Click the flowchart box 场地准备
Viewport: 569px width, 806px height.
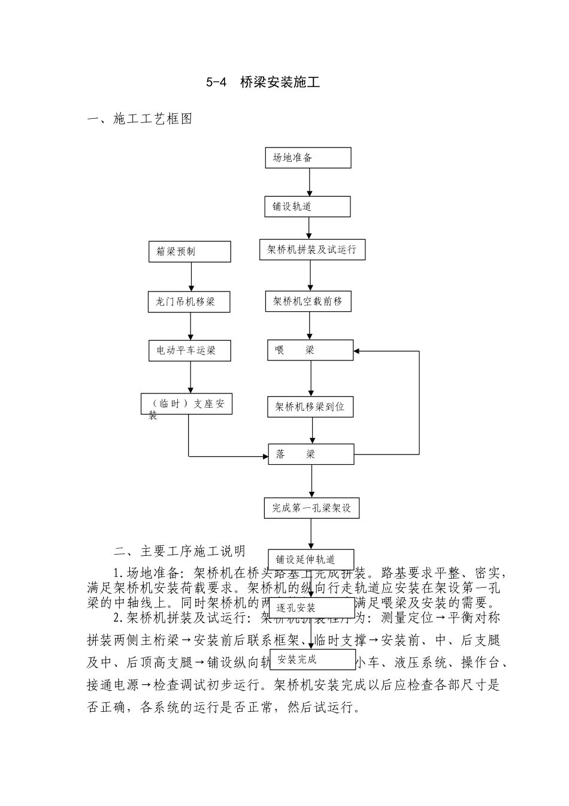(308, 158)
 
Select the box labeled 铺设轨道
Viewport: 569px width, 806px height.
(307, 206)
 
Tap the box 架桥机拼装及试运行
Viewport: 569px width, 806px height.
(312, 249)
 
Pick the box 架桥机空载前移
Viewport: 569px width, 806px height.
(308, 302)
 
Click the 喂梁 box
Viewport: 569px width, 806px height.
(310, 350)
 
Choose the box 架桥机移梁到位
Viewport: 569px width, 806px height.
(310, 407)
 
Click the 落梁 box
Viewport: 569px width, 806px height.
(311, 454)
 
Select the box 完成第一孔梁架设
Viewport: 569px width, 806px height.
(311, 508)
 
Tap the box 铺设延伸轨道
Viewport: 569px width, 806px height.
(310, 559)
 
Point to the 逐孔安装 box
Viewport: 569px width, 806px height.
(313, 607)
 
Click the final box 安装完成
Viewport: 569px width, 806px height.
(313, 660)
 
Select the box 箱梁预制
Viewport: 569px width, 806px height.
(190, 252)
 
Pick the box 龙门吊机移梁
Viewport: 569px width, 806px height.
(190, 302)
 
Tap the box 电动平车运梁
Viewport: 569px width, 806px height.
(190, 350)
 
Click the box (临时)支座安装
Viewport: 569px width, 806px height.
(187, 404)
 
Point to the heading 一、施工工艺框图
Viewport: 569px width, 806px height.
(140, 119)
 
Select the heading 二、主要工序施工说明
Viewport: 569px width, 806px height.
(180, 551)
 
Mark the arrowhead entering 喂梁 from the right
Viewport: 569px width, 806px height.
(358, 351)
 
